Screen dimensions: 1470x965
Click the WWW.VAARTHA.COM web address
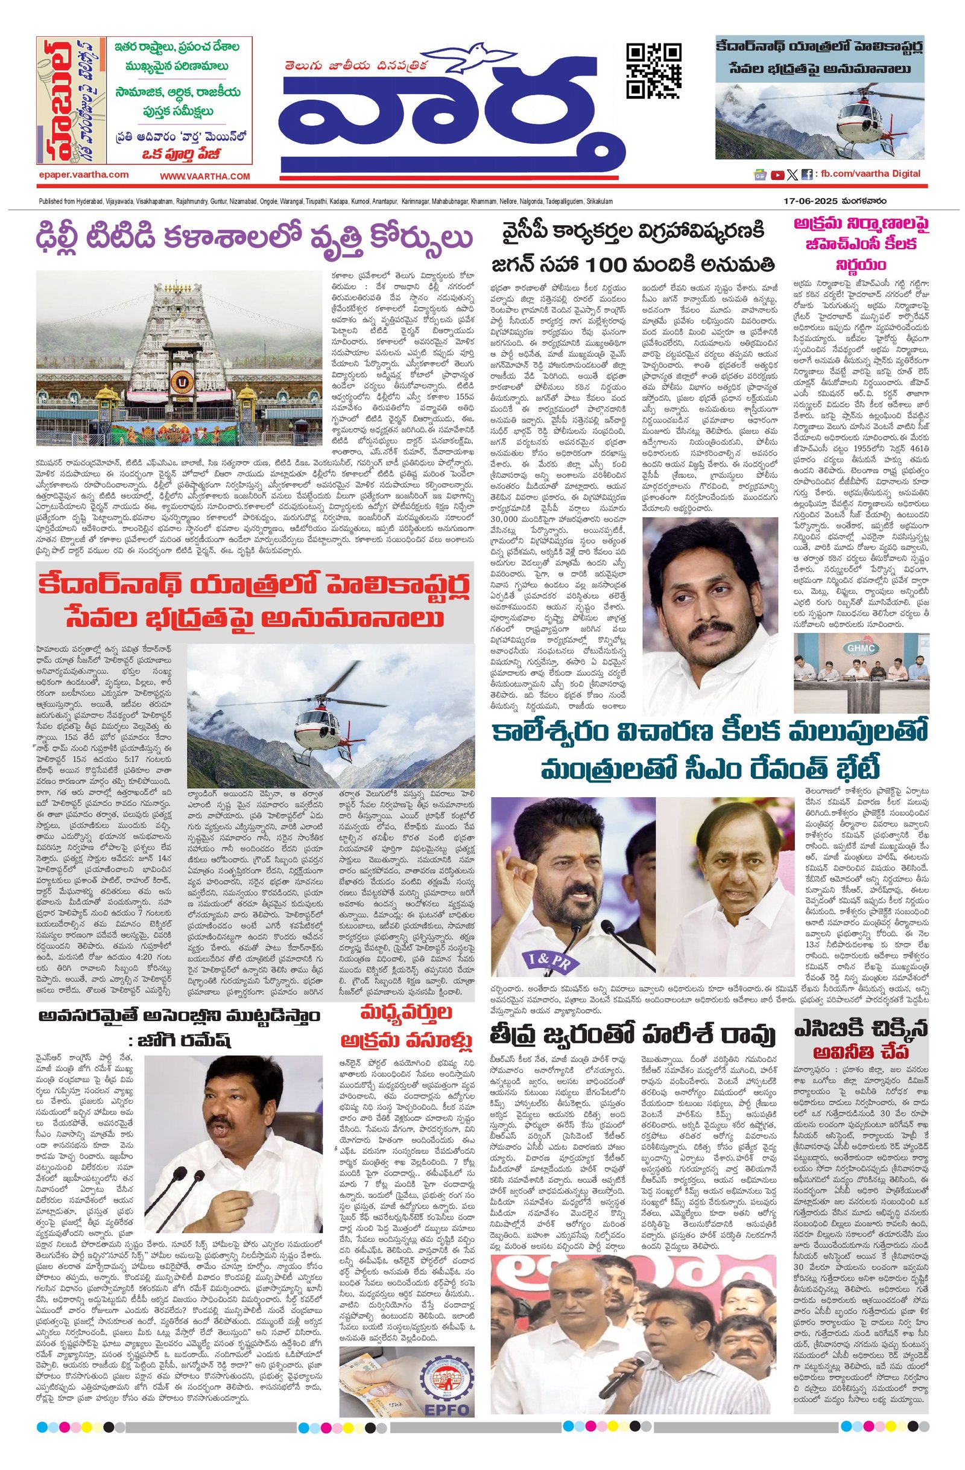pyautogui.click(x=205, y=176)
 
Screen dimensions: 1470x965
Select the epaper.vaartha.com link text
pyautogui.click(x=83, y=176)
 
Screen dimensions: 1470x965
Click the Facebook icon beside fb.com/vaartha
pyautogui.click(x=806, y=175)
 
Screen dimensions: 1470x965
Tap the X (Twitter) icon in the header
pyautogui.click(x=792, y=175)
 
